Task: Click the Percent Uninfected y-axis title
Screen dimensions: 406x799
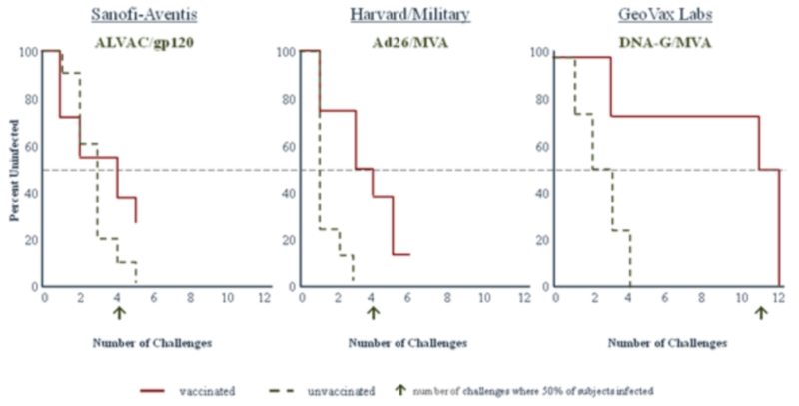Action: (x=13, y=169)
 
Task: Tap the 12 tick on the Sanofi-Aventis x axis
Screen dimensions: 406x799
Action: (x=264, y=297)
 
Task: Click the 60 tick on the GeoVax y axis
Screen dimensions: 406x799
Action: (x=542, y=146)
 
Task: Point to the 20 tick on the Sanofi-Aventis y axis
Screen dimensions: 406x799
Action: (x=31, y=239)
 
